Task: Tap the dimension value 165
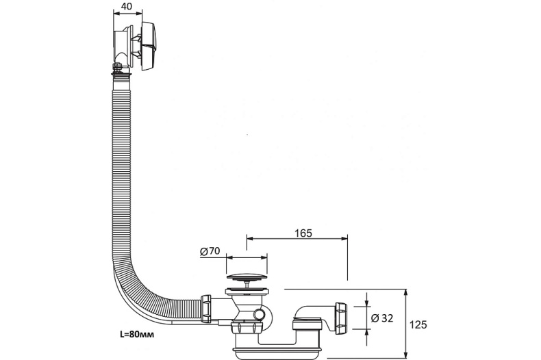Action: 296,233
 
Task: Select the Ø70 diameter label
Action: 210,251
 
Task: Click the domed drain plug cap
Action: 246,277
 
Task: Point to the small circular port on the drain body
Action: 260,314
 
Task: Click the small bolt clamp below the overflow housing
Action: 118,67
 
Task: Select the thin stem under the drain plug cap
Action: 246,286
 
